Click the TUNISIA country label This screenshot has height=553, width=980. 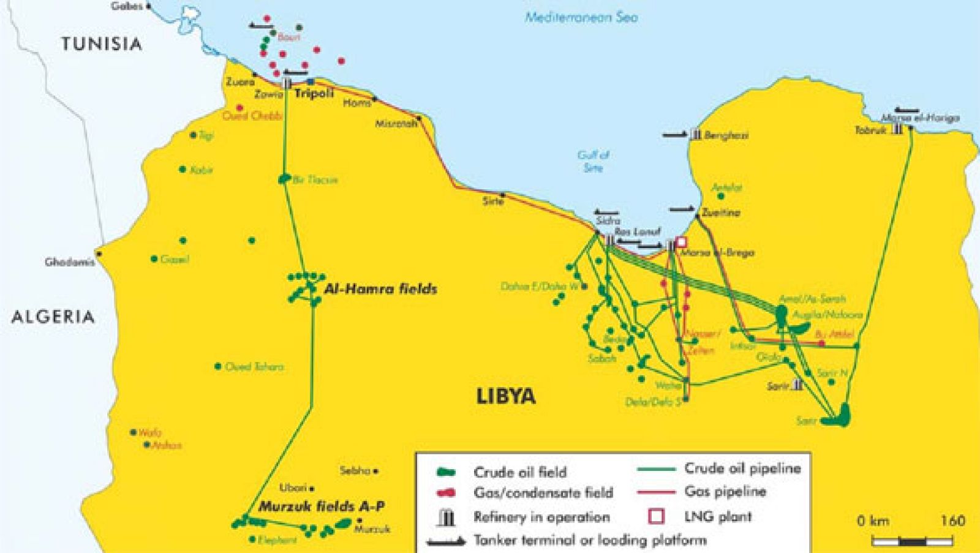coord(101,44)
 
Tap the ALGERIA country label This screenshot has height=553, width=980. coord(53,317)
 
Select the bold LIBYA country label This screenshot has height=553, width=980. coord(506,396)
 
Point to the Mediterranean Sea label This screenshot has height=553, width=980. coord(581,17)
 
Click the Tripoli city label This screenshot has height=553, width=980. coord(314,94)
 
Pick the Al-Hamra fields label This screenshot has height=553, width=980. coord(380,288)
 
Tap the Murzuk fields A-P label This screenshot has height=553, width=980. coord(322,506)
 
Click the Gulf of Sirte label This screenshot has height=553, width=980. coord(593,161)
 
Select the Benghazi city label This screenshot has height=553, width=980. coord(726,135)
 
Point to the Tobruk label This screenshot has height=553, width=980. coord(870,130)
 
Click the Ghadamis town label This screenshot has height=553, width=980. coord(69,262)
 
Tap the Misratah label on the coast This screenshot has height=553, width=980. coord(396,123)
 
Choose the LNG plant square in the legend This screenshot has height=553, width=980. coord(656,516)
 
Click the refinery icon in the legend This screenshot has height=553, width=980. coord(448,518)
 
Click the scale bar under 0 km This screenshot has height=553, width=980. coord(912,541)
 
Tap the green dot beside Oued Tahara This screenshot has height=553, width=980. coord(217,367)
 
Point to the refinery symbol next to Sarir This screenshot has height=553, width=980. coord(797,385)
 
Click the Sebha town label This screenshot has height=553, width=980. coord(355,471)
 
